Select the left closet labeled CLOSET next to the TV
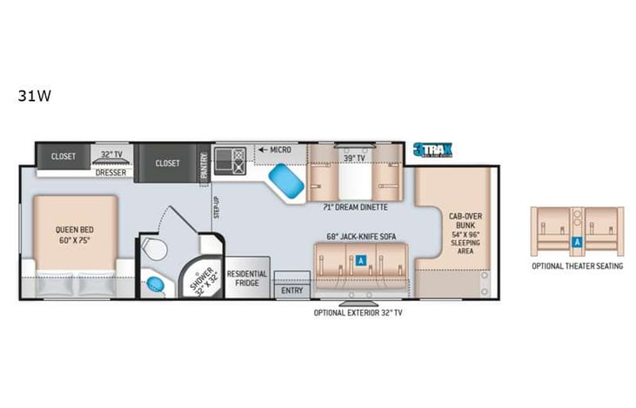point(64,157)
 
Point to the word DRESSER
point(111,172)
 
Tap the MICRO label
point(278,150)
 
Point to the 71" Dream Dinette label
point(355,207)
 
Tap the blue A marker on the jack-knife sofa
point(360,259)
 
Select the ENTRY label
point(292,291)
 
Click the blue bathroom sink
point(156,284)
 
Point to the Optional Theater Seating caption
point(577,265)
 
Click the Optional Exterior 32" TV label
point(358,312)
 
